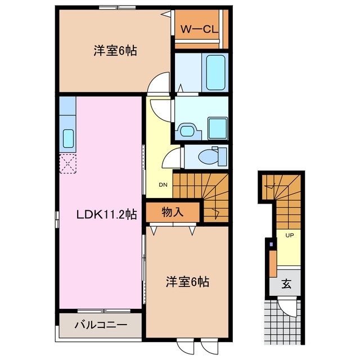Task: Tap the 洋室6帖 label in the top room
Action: pyautogui.click(x=115, y=51)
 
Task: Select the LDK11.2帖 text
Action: pyautogui.click(x=106, y=214)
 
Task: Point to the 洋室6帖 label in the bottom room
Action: pyautogui.click(x=187, y=282)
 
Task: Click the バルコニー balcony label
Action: pyautogui.click(x=101, y=325)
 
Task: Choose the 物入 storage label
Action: pyautogui.click(x=173, y=213)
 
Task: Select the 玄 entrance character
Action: pyautogui.click(x=287, y=284)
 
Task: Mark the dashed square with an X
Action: pyautogui.click(x=68, y=164)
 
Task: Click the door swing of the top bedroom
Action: pyautogui.click(x=159, y=83)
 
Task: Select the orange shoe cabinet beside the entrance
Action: pyautogui.click(x=272, y=262)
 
